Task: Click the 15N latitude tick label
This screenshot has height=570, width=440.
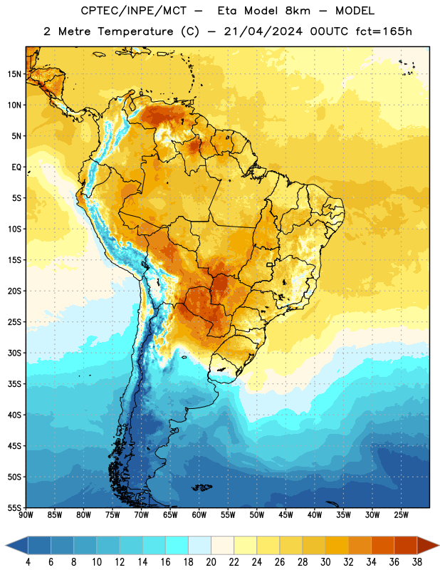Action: (x=14, y=74)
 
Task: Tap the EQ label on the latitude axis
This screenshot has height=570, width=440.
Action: (x=16, y=167)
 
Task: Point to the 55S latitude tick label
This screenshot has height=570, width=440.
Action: (x=14, y=508)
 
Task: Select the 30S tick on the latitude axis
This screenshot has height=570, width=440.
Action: (x=14, y=353)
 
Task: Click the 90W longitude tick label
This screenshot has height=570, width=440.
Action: (x=26, y=515)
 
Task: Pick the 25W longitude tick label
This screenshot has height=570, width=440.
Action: (x=401, y=515)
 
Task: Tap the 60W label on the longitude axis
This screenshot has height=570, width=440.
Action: (x=199, y=515)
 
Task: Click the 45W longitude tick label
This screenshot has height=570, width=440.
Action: (x=286, y=515)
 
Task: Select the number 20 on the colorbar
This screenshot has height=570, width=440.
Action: (x=211, y=562)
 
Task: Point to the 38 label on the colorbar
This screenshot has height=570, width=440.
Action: (x=417, y=562)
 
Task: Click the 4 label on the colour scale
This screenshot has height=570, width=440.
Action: (x=28, y=562)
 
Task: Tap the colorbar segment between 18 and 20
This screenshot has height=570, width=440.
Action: (x=199, y=545)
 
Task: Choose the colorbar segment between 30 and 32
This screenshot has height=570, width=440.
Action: (x=337, y=545)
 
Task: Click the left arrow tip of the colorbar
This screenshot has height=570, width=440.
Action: (x=6, y=545)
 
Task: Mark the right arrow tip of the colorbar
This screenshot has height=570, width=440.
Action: (x=439, y=545)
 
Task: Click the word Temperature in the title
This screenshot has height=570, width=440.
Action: (x=135, y=31)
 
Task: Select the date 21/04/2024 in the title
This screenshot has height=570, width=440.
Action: (x=263, y=31)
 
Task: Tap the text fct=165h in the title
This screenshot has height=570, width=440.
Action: (x=384, y=31)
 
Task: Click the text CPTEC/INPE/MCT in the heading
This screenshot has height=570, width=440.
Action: (x=133, y=11)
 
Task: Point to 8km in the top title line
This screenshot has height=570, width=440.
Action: (x=298, y=11)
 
